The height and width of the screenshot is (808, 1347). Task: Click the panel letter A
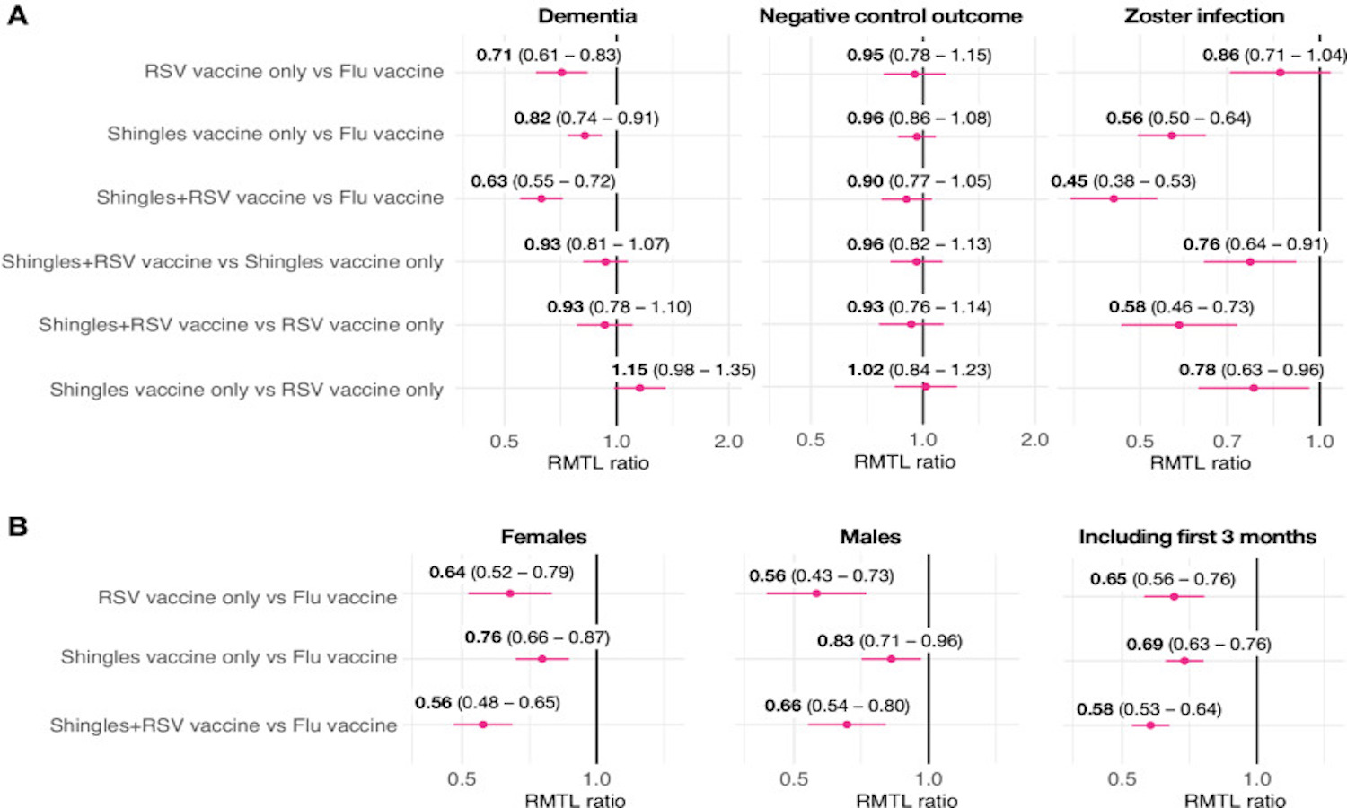18,15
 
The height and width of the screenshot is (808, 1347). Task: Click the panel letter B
18,526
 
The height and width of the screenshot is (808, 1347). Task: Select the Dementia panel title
587,16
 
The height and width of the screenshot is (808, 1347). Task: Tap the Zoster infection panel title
1204,16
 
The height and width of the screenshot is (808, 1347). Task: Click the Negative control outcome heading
891,16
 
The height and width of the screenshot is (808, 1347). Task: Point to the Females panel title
543,537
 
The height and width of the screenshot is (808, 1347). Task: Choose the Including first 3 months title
1197,537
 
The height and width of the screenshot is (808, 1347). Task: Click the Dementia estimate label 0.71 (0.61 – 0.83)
549,55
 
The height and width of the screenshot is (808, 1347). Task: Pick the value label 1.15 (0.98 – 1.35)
683,370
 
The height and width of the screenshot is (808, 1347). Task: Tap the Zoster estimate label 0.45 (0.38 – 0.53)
1123,181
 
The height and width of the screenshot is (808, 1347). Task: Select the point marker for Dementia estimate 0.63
541,198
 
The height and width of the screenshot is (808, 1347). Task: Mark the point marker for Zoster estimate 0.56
1171,136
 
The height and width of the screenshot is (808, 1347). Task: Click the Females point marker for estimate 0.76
541,659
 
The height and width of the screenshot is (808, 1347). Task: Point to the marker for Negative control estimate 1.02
926,387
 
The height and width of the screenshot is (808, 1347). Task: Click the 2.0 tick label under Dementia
728,441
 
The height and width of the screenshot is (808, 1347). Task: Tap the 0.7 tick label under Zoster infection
1227,441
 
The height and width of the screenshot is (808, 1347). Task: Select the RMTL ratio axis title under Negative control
904,461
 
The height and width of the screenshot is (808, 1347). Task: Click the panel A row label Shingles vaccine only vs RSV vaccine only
246,390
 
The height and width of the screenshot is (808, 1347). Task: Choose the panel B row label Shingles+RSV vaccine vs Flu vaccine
223,725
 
